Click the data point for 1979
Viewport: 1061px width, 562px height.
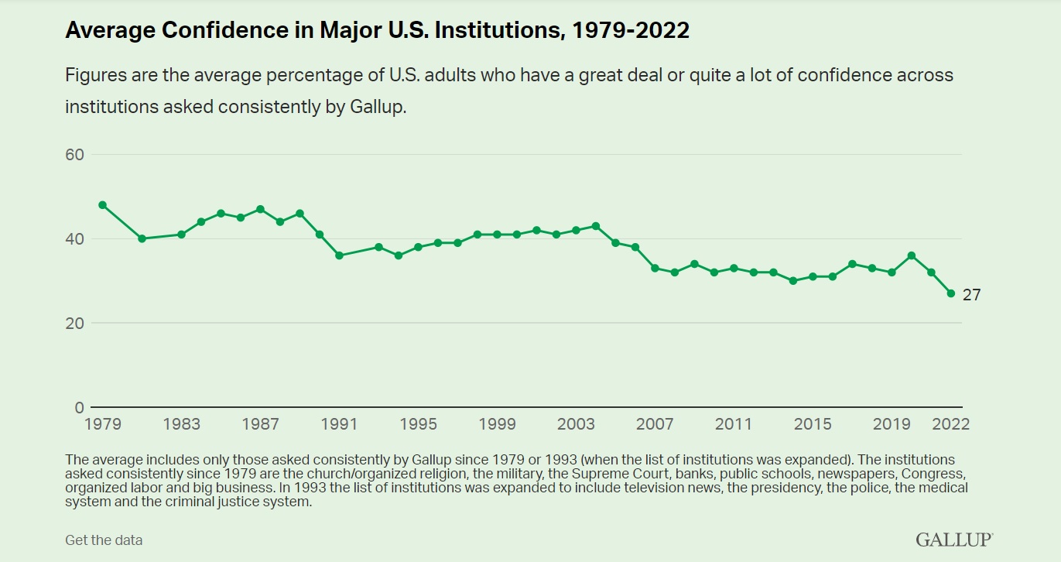pyautogui.click(x=102, y=205)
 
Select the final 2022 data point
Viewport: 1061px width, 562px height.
pyautogui.click(x=950, y=293)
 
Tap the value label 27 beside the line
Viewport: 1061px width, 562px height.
pyautogui.click(x=971, y=295)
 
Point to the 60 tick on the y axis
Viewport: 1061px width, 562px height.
pyautogui.click(x=74, y=154)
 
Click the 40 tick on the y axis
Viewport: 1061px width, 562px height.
pyautogui.click(x=74, y=238)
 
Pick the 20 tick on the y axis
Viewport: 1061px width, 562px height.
pyautogui.click(x=74, y=323)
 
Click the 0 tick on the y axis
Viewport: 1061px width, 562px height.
pyautogui.click(x=79, y=407)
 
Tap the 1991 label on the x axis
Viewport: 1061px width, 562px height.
pyautogui.click(x=339, y=424)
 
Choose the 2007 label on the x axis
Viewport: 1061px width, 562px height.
pyautogui.click(x=655, y=424)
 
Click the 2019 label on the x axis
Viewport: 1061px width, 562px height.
pyautogui.click(x=892, y=424)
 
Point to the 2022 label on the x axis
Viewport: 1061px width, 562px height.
pyautogui.click(x=950, y=424)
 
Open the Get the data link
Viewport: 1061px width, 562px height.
pyautogui.click(x=104, y=540)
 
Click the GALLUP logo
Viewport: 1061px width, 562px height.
pyautogui.click(x=954, y=540)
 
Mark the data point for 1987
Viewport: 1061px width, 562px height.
pyautogui.click(x=260, y=209)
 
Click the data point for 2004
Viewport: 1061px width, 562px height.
pyautogui.click(x=595, y=226)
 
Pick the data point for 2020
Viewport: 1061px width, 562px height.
pyautogui.click(x=911, y=255)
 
